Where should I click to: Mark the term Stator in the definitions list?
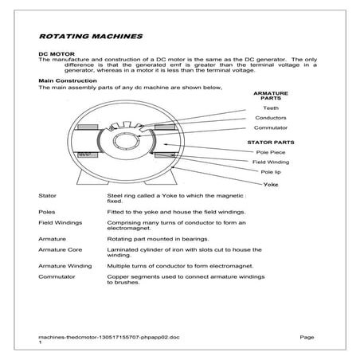(47, 195)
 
